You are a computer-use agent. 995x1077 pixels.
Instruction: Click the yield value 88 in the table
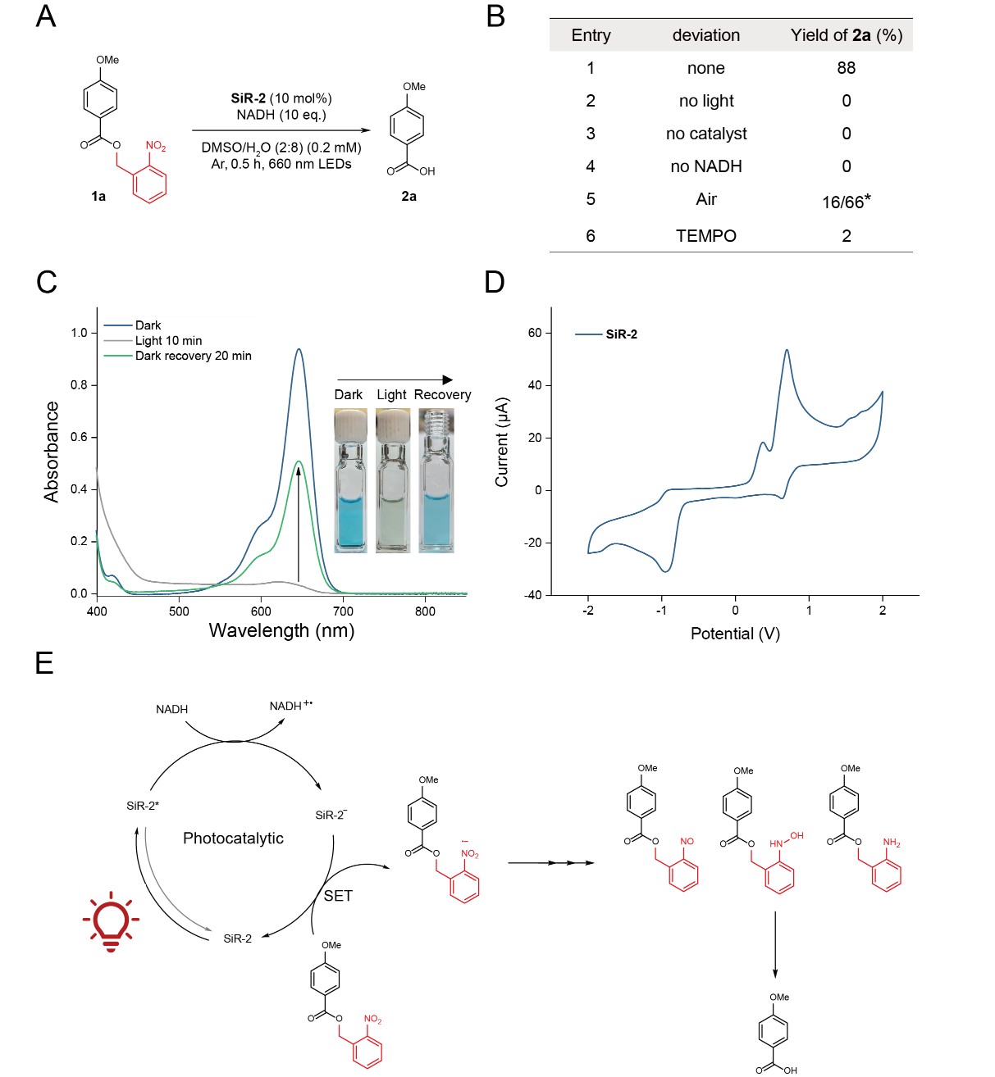[x=846, y=68]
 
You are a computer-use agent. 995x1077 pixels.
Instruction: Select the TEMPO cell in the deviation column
[x=705, y=236]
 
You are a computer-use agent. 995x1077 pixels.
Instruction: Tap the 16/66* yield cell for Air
[x=846, y=202]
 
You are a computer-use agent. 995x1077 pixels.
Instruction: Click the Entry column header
[x=591, y=35]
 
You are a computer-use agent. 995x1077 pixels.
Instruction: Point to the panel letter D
[x=494, y=282]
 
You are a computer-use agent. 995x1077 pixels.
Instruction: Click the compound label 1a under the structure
[x=98, y=197]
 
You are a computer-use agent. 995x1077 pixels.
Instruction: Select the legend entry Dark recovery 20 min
[x=193, y=356]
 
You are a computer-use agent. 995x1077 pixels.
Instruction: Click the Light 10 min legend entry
[x=168, y=340]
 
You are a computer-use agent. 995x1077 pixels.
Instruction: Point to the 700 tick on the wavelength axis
[x=343, y=611]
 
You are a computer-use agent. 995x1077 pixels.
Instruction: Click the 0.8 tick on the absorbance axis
[x=79, y=384]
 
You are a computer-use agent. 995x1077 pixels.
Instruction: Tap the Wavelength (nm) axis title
[x=281, y=630]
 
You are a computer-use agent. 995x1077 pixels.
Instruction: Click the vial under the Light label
[x=392, y=492]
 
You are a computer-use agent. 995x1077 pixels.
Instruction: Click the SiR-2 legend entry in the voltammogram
[x=620, y=334]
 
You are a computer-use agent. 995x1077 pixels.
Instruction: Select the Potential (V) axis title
[x=735, y=634]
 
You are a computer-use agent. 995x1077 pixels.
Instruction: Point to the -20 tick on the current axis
[x=533, y=543]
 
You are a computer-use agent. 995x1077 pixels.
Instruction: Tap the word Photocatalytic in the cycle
[x=233, y=838]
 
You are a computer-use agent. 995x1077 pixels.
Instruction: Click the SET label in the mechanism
[x=338, y=896]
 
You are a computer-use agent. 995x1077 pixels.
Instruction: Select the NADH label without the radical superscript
[x=171, y=709]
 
